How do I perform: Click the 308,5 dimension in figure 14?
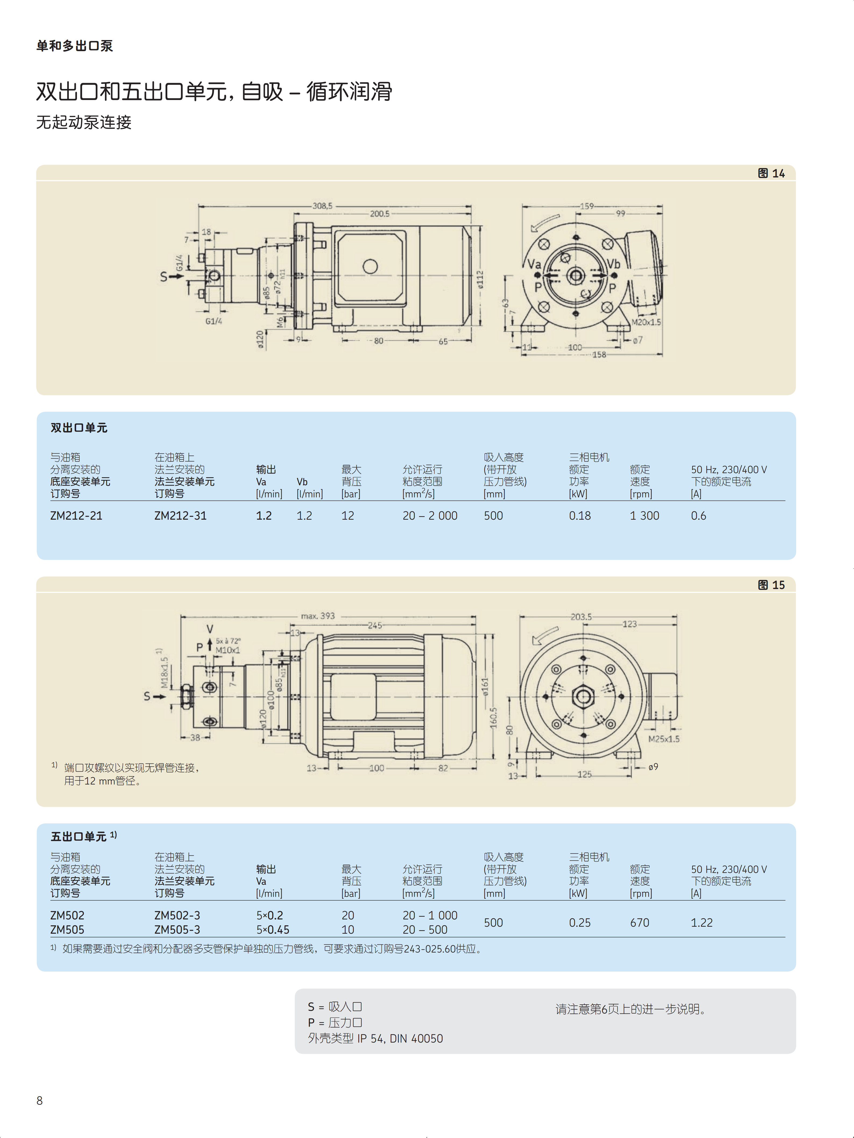[323, 206]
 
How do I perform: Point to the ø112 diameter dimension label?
[480, 280]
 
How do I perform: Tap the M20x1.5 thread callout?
[646, 322]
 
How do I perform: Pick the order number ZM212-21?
[76, 515]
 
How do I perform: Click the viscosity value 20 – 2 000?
[430, 515]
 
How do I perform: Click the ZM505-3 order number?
[177, 930]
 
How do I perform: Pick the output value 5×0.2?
[270, 915]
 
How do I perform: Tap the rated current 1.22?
[702, 922]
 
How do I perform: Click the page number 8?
[40, 1100]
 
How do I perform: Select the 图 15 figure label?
[771, 585]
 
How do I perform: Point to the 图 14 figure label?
[771, 173]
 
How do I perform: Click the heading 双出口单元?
[79, 428]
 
